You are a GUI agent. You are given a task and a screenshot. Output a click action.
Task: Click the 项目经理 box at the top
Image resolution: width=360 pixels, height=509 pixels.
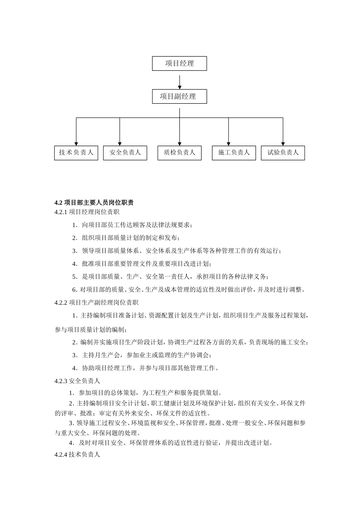click(x=179, y=64)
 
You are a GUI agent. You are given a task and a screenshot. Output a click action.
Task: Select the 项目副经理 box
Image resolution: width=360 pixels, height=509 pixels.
click(x=179, y=97)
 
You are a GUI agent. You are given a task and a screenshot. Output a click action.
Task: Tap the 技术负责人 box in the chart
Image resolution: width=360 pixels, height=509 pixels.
click(x=76, y=153)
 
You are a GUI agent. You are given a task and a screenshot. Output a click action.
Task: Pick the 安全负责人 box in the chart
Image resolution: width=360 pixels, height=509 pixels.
click(x=125, y=153)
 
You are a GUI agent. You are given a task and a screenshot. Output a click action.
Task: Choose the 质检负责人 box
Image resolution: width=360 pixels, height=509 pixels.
click(x=179, y=153)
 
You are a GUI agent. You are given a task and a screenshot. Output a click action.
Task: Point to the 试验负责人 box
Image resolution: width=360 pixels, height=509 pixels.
click(x=283, y=153)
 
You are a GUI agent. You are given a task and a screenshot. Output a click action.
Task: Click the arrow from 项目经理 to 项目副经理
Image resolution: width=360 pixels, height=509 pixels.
click(x=180, y=81)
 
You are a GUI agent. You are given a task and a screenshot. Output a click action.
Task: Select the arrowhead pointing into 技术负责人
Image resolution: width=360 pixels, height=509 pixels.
click(x=76, y=143)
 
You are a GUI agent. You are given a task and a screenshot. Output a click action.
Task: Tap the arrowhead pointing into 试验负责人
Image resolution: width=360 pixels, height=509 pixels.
click(x=283, y=143)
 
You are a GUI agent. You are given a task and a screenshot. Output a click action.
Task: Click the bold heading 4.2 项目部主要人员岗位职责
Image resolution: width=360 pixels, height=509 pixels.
click(x=94, y=203)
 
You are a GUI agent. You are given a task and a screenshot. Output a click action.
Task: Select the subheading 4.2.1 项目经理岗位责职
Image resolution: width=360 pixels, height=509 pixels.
click(x=87, y=212)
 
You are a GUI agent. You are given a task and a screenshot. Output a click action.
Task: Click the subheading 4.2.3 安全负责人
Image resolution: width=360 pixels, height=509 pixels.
click(x=77, y=381)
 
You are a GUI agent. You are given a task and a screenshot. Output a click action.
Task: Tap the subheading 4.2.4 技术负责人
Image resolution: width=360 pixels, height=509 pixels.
click(x=77, y=454)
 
